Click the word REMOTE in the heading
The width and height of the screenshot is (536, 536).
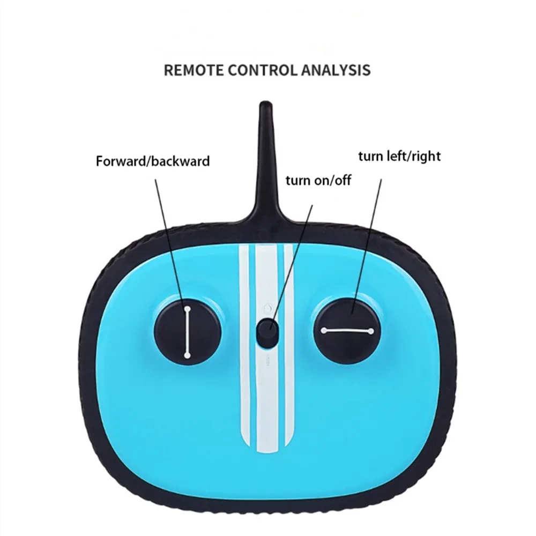(192, 70)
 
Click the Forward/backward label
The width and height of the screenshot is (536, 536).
(153, 161)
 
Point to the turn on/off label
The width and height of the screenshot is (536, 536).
(318, 180)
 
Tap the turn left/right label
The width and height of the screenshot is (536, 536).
(399, 156)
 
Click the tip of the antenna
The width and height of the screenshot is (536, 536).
(264, 105)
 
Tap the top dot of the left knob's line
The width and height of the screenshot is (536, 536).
(188, 309)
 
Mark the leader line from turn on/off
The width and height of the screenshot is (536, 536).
(292, 257)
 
